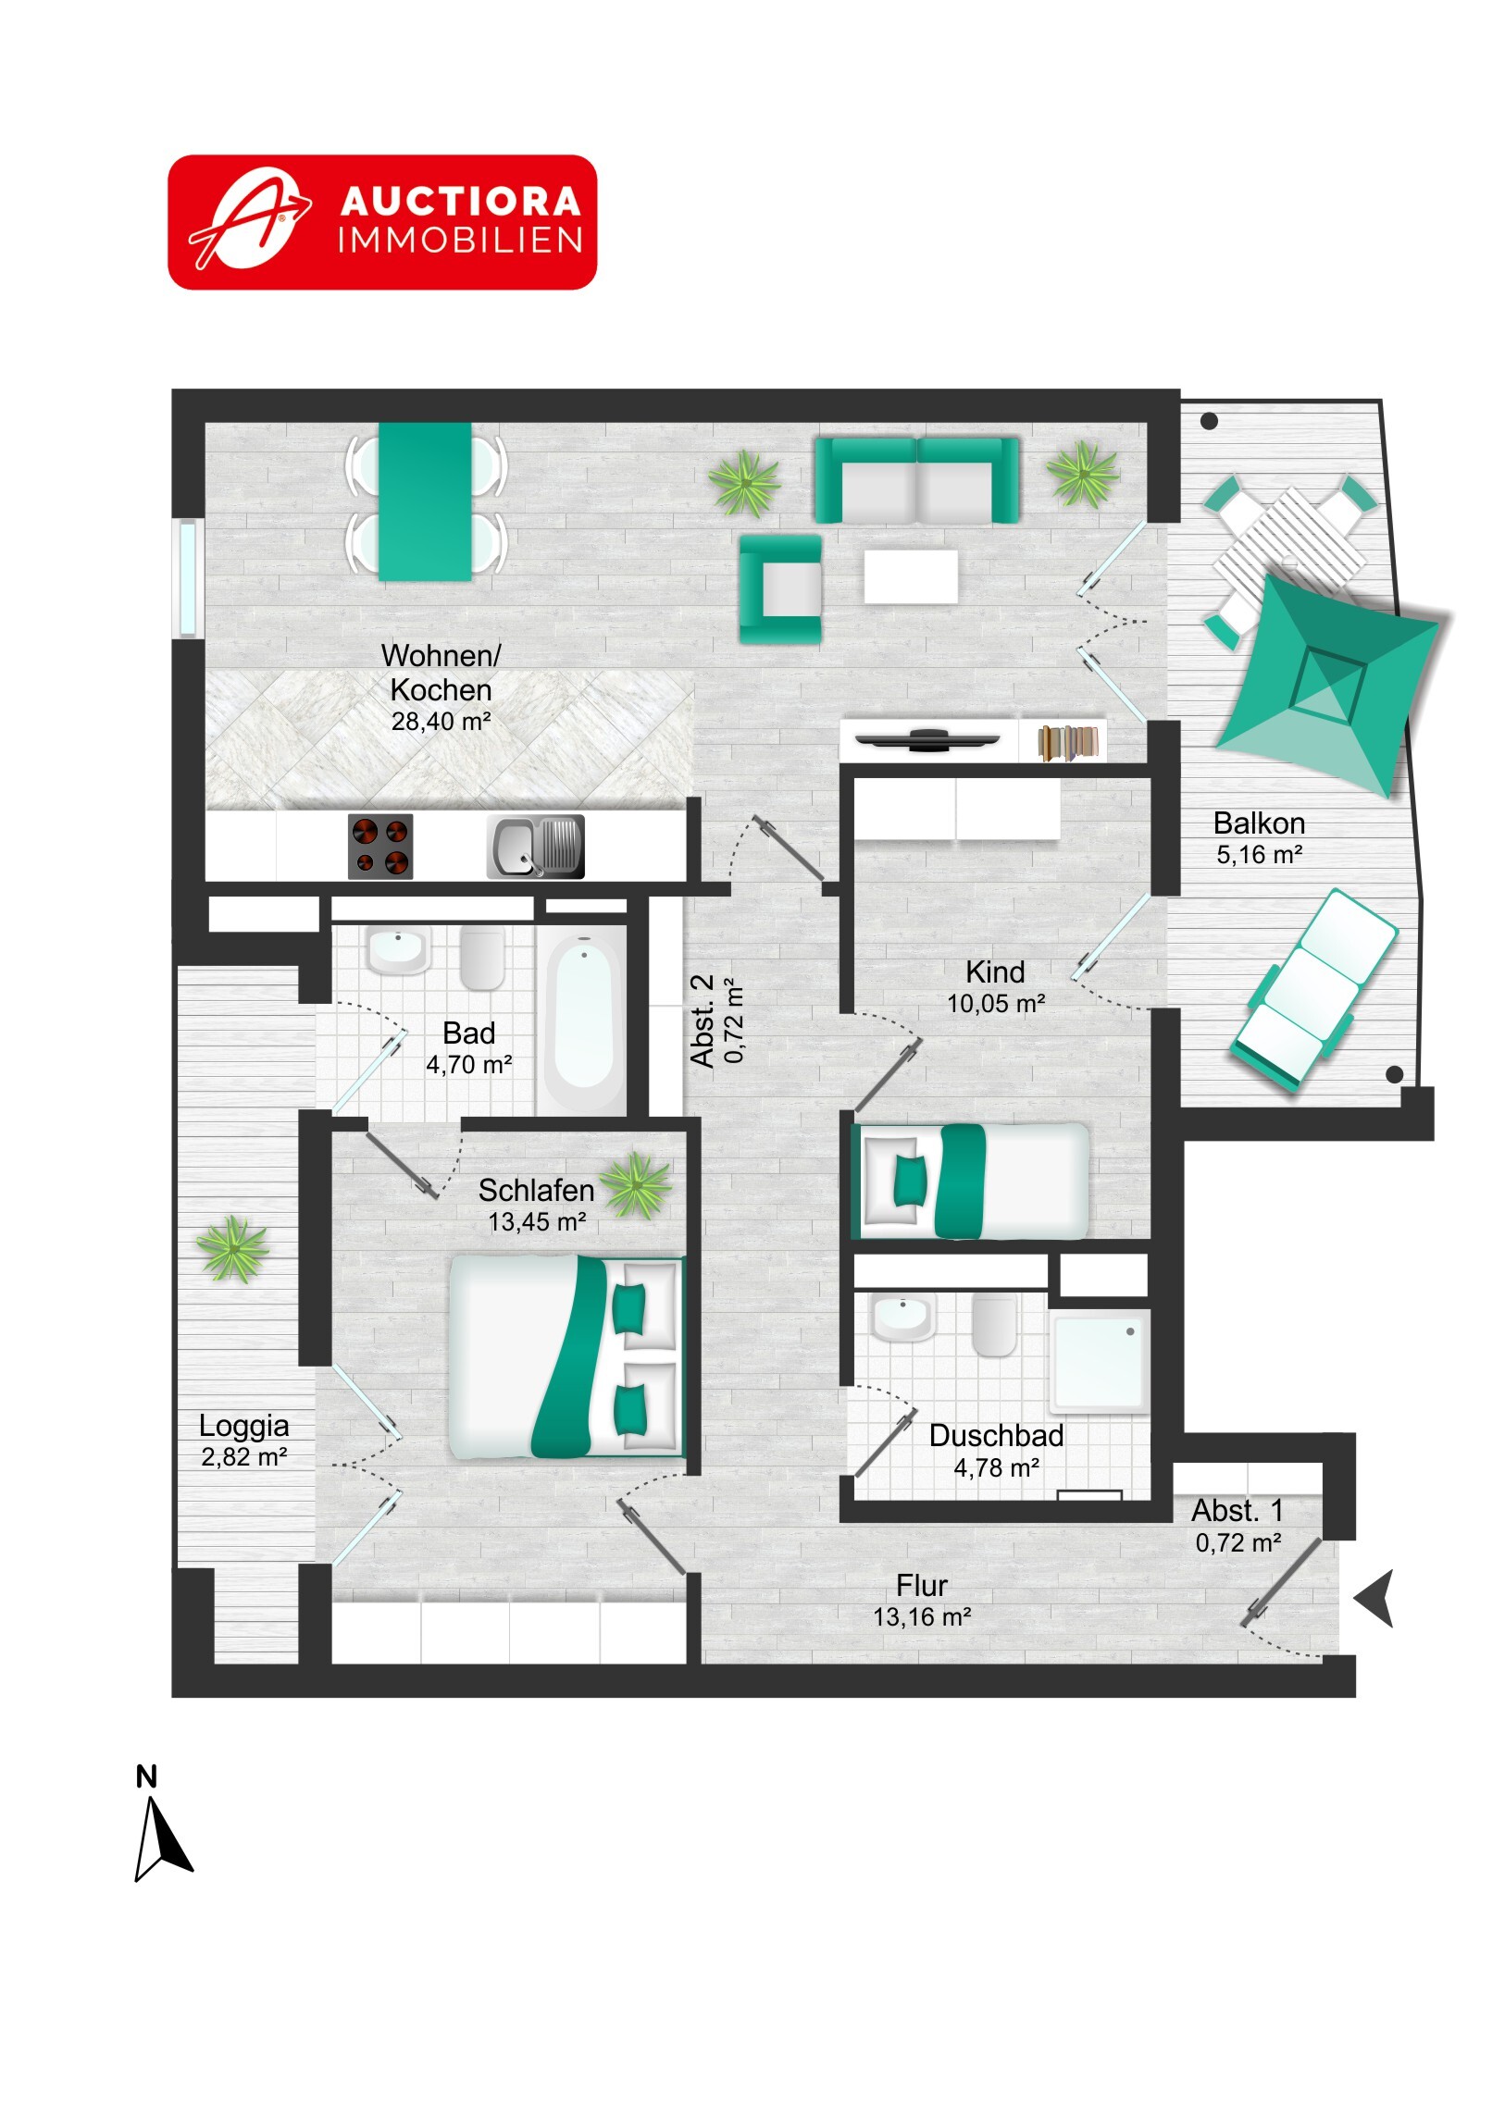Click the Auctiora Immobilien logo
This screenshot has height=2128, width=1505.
pos(382,222)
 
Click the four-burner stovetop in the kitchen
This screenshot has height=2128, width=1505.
pos(380,847)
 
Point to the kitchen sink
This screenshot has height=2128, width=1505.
pos(535,847)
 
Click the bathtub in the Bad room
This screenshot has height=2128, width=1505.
pos(583,1020)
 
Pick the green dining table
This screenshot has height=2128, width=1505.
pos(425,501)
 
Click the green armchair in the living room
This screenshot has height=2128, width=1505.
pos(781,589)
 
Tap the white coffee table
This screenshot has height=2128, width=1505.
pos(911,576)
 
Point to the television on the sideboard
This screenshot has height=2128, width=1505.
pos(928,739)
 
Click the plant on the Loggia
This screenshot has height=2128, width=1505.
pos(232,1249)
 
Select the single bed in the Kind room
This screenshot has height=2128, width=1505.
pos(971,1182)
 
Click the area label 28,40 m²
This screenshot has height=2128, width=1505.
pos(441,721)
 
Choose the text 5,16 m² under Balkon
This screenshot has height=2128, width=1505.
pos(1260,855)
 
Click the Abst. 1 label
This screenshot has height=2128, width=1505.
pos(1238,1511)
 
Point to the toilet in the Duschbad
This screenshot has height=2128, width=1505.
pos(995,1325)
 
